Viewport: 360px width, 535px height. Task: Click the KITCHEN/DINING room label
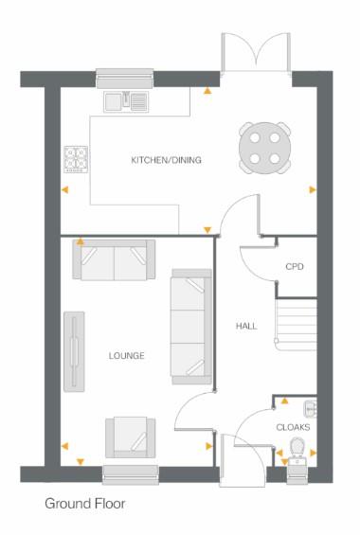(x=166, y=160)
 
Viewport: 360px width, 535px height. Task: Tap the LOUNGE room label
(x=126, y=356)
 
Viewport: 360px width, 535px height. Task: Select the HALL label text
(x=246, y=326)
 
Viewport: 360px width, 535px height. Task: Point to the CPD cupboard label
(x=294, y=267)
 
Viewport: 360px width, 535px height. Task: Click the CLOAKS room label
(x=294, y=427)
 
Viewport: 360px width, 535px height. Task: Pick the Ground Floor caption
(x=84, y=504)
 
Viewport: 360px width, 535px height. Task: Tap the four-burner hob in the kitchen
(x=76, y=159)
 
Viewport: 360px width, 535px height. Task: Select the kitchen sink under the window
(x=126, y=99)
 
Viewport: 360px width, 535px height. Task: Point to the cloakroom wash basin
(x=310, y=408)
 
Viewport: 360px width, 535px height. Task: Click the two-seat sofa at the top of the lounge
(x=114, y=261)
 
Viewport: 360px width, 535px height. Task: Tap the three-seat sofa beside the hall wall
(x=189, y=327)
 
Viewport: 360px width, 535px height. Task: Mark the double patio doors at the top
(x=255, y=54)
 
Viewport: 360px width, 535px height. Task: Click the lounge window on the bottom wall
(x=130, y=473)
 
